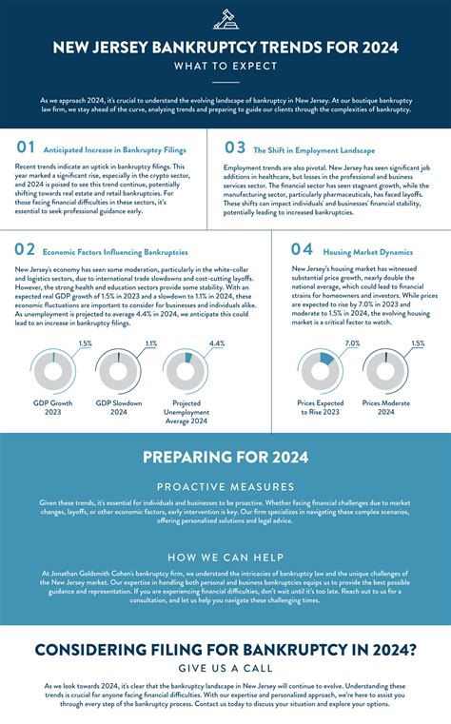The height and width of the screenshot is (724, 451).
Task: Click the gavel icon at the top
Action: (x=225, y=18)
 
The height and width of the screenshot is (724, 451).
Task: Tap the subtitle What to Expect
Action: (x=225, y=67)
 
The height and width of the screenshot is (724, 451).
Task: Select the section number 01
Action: (x=26, y=147)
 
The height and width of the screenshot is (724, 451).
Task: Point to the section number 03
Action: (x=234, y=147)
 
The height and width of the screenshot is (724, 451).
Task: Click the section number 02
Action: (x=26, y=250)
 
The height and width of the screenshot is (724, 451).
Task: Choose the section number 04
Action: (x=301, y=250)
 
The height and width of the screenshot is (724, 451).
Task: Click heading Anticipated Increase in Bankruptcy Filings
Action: (x=114, y=150)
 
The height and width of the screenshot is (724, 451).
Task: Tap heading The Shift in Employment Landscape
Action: (x=314, y=150)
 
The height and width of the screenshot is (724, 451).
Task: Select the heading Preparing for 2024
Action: (x=225, y=458)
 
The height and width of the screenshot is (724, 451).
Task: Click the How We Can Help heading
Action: (x=225, y=557)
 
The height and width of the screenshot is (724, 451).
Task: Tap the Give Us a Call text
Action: (x=225, y=668)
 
